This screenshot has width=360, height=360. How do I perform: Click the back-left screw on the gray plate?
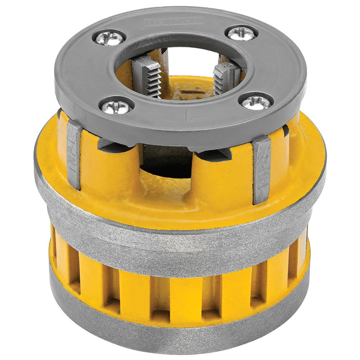pyautogui.click(x=109, y=37)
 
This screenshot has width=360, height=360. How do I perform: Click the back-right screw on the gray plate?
pyautogui.click(x=241, y=33)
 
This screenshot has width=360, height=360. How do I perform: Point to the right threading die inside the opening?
pyautogui.click(x=226, y=77)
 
